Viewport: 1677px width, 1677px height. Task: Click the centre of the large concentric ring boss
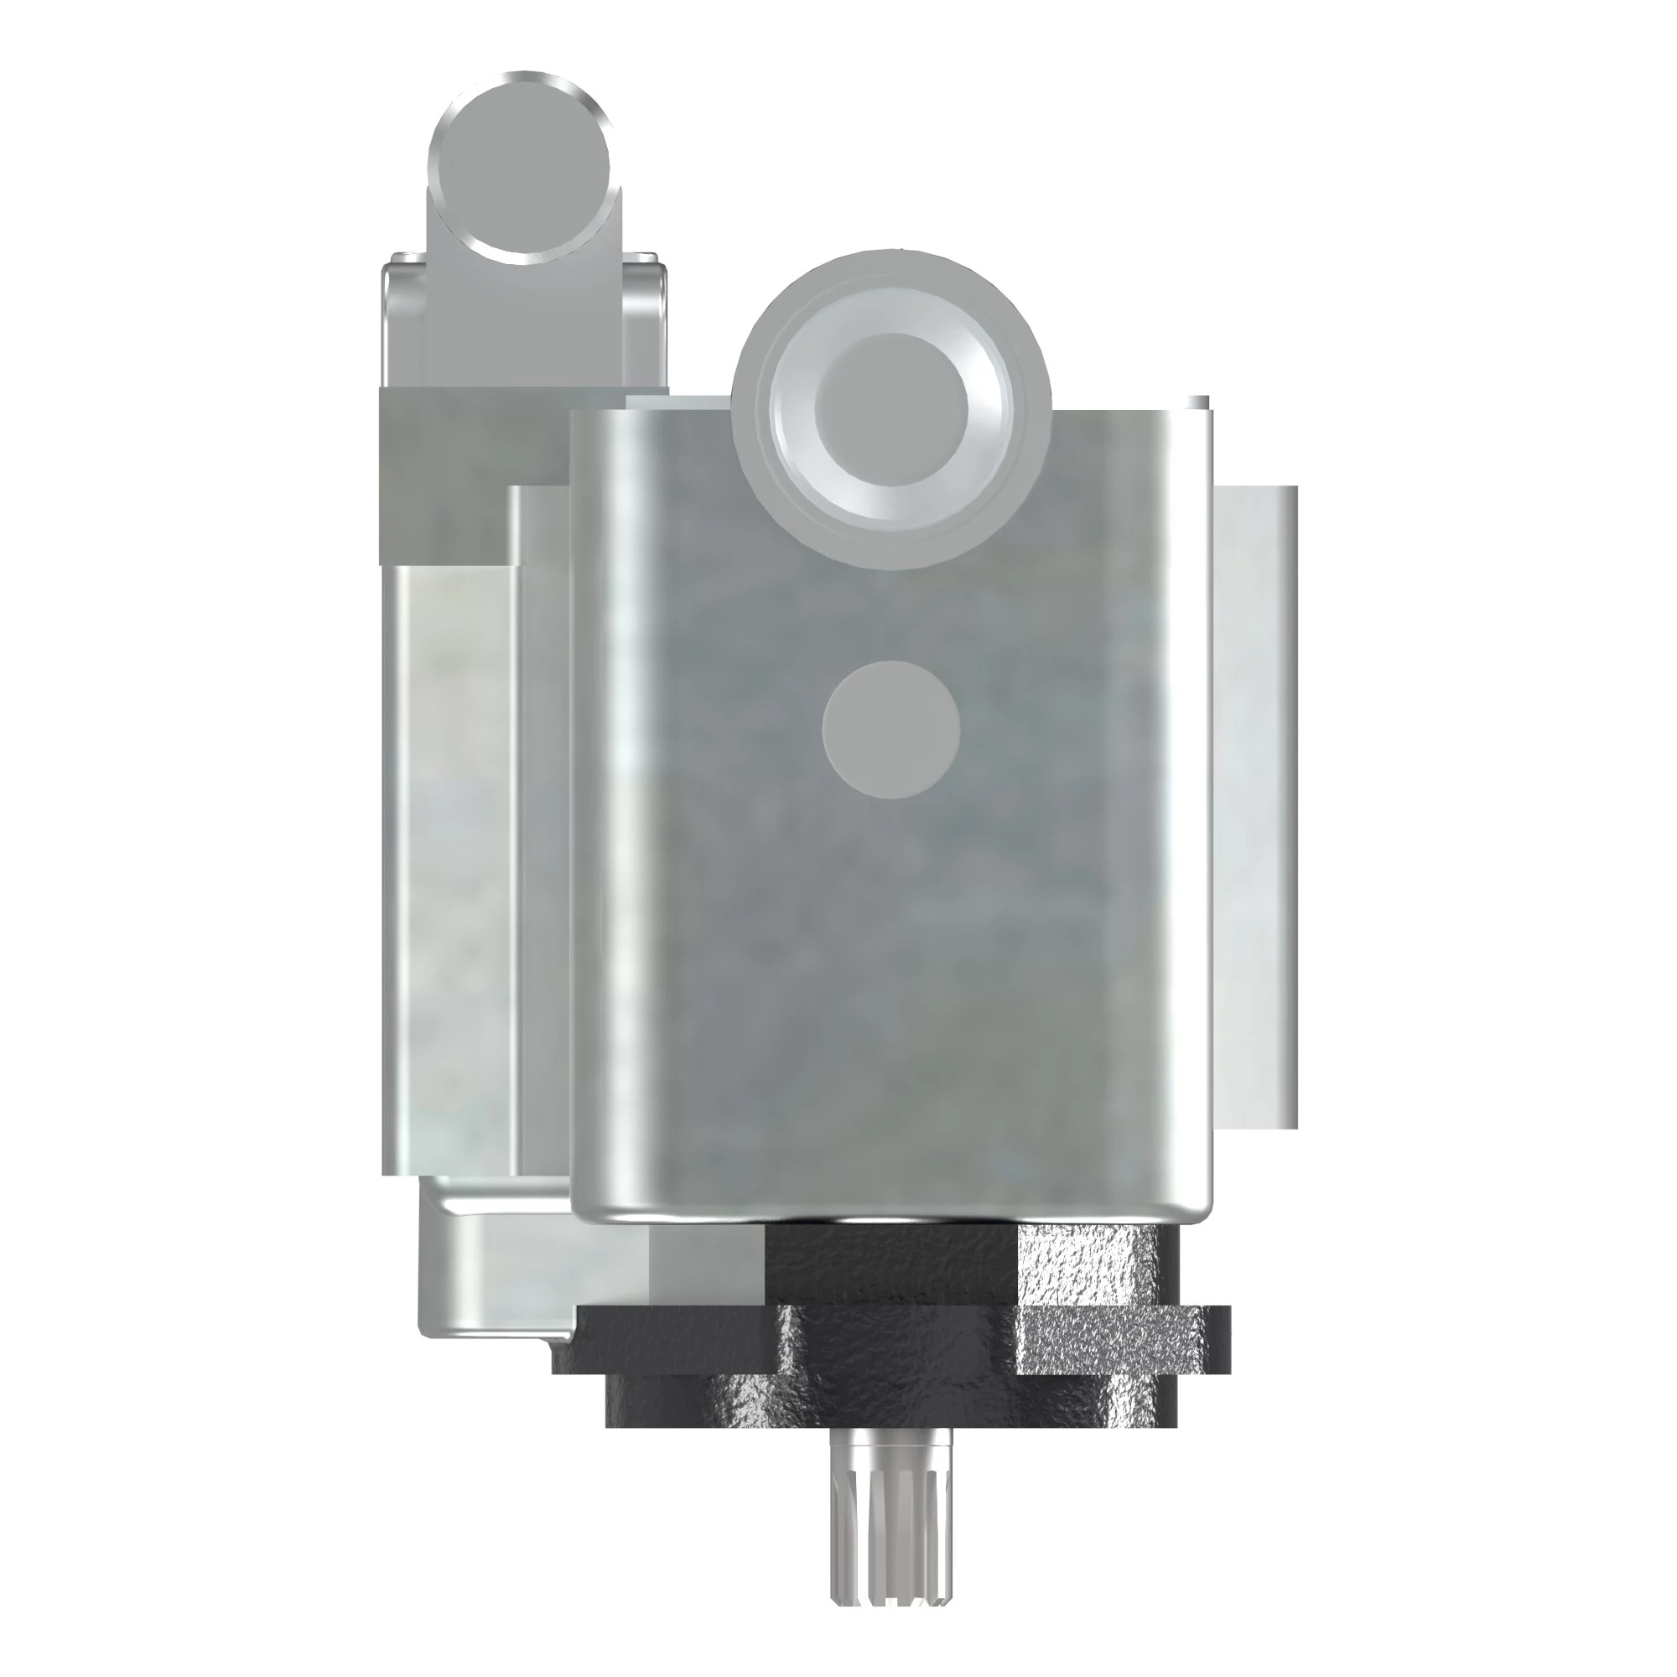(x=890, y=408)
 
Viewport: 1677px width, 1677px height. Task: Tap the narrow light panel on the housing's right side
(x=1254, y=807)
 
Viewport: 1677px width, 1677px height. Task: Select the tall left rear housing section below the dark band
(x=451, y=868)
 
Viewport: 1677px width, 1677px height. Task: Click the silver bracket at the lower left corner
(x=486, y=1302)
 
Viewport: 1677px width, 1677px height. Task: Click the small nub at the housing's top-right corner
(x=1198, y=403)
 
